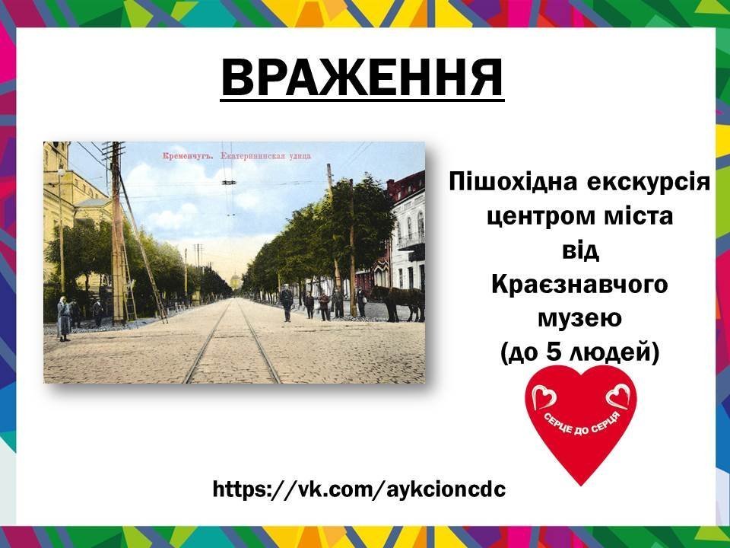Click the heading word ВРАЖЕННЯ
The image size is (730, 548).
pos(362,76)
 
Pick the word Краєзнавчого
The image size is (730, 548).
pos(579,285)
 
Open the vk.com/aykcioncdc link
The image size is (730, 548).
pos(359,489)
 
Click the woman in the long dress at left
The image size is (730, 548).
pos(64,317)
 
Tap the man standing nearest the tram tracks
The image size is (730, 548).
pos(286,303)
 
